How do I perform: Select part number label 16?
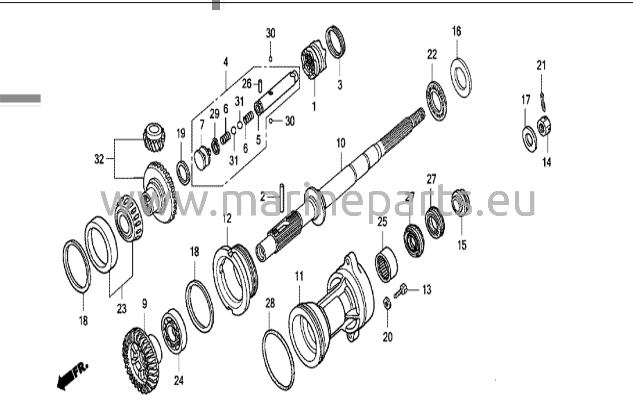pyautogui.click(x=457, y=31)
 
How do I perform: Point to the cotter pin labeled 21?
pyautogui.click(x=543, y=100)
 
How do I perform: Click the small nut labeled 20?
pyautogui.click(x=386, y=303)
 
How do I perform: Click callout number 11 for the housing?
pyautogui.click(x=299, y=276)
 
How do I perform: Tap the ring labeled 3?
pyautogui.click(x=336, y=42)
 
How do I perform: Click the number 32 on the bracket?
pyautogui.click(x=99, y=159)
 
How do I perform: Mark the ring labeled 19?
pyautogui.click(x=183, y=173)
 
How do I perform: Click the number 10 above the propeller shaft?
pyautogui.click(x=341, y=143)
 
